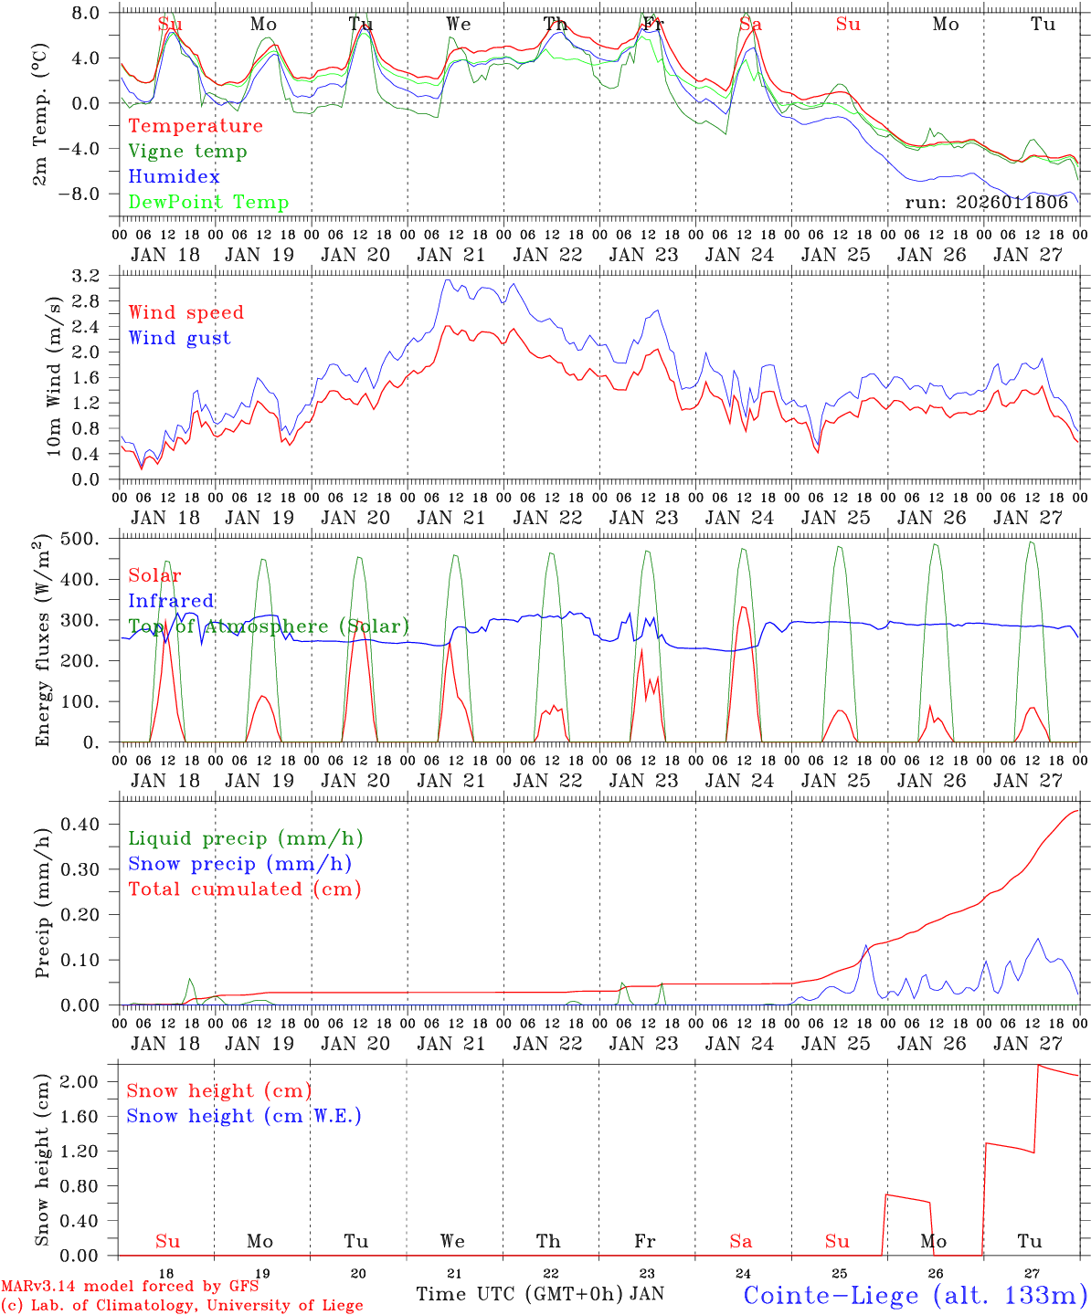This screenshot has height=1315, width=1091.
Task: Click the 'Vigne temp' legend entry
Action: [x=187, y=152]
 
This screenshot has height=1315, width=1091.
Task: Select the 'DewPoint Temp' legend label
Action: [x=208, y=203]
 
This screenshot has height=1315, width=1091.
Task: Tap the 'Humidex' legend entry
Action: [x=174, y=177]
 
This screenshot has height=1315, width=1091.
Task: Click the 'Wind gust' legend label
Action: [x=179, y=338]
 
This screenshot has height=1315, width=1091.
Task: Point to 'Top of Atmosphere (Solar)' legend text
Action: [x=269, y=626]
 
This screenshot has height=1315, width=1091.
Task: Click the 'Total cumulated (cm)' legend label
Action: [x=244, y=889]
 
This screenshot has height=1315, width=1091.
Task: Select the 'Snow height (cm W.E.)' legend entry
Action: [x=243, y=1116]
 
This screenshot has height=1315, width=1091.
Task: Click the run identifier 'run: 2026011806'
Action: [x=986, y=203]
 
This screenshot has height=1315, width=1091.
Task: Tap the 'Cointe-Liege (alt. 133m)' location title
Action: [x=915, y=1295]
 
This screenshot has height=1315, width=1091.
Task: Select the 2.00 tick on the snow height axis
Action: [x=79, y=1081]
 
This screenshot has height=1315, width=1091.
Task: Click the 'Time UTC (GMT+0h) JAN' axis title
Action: [x=540, y=1294]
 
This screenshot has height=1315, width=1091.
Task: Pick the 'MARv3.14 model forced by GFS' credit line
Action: [x=130, y=1287]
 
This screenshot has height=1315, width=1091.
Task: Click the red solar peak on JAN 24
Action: [x=743, y=607]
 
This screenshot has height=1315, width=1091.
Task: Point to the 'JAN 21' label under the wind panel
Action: [x=450, y=518]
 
